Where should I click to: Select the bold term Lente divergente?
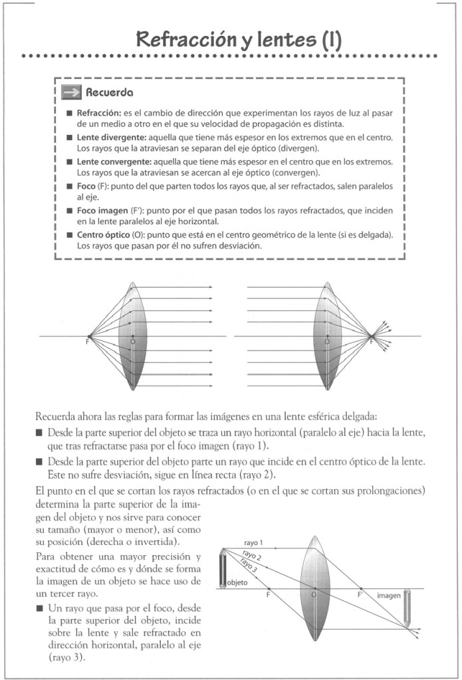coord(115,137)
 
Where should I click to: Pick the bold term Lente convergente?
coord(117,162)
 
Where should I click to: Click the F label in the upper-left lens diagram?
coord(86,342)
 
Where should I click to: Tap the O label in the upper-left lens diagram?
coord(133,341)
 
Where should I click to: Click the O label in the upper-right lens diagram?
coord(326,341)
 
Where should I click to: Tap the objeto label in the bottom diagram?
coord(237,582)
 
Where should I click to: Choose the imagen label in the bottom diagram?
coord(389,596)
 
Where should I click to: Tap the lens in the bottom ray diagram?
coord(315,588)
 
